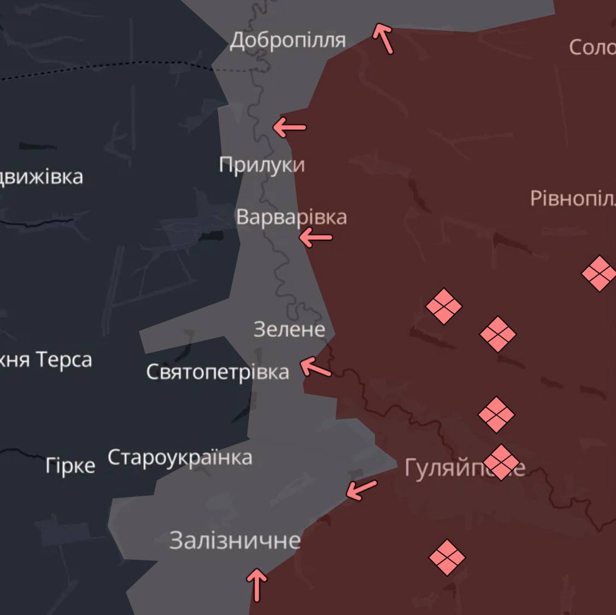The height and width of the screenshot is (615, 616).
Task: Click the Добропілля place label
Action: (288, 40)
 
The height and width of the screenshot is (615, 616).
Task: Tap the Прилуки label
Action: (261, 165)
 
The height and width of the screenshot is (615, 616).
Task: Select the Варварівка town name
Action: (291, 217)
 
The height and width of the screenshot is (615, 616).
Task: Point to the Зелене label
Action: (289, 329)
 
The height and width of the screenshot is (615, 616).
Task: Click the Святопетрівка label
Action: (218, 372)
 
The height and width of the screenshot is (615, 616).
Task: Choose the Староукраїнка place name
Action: (180, 457)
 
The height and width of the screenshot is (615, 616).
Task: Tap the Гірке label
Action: (71, 466)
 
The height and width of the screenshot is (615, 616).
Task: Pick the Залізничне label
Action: (235, 541)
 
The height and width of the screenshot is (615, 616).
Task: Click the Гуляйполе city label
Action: (465, 468)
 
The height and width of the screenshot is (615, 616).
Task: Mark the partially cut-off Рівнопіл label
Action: (573, 198)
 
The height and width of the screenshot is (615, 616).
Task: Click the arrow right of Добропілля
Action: (383, 38)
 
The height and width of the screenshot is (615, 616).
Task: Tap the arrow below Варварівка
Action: (316, 237)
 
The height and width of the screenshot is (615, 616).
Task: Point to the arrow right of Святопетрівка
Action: (316, 367)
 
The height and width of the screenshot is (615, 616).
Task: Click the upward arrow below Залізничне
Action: (256, 584)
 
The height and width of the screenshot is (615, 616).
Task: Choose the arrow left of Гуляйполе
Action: (362, 489)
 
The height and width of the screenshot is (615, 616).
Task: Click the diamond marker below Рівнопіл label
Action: (599, 273)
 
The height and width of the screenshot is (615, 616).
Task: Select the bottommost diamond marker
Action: (447, 558)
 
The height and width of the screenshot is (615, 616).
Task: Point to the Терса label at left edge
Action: (46, 360)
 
